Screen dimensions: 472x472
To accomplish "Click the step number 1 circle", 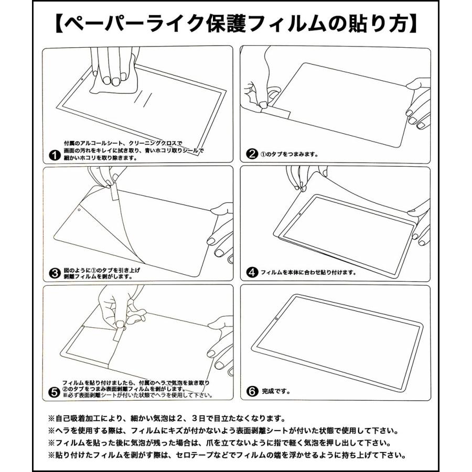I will click(53, 155).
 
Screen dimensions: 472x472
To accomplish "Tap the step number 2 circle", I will click(252, 155).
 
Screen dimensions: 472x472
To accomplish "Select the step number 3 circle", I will click(53, 273).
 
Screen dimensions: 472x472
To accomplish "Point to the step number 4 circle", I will click(252, 273).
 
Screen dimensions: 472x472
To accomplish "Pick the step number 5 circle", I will click(53, 392).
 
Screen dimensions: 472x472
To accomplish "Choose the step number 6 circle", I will click(252, 392).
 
